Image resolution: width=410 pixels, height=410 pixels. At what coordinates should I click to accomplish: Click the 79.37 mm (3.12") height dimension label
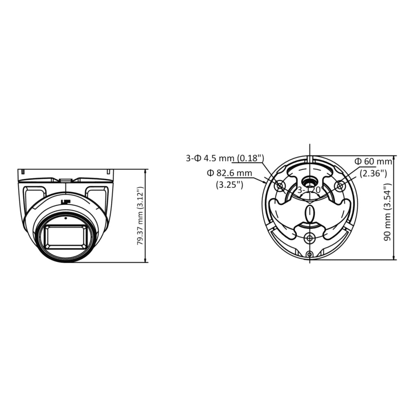140,216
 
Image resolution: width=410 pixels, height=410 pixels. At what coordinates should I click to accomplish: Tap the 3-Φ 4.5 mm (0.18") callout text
225,158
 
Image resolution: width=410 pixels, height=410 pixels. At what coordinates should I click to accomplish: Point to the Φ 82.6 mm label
230,173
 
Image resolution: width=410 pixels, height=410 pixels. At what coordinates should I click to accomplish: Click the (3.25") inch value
230,184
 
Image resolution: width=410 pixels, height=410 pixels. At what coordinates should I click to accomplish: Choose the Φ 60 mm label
373,162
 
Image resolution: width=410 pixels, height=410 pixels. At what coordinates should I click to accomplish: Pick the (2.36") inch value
373,173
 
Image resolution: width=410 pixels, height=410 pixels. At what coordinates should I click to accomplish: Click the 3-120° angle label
310,190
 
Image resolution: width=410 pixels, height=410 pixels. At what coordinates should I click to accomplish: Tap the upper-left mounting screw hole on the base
280,186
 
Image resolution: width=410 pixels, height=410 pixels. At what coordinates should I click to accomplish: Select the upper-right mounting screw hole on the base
339,186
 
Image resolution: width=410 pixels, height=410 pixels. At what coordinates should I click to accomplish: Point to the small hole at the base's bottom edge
310,255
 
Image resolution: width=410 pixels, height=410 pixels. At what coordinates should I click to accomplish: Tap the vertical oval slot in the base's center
310,213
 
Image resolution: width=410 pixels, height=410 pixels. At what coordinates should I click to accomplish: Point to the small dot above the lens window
66,218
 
